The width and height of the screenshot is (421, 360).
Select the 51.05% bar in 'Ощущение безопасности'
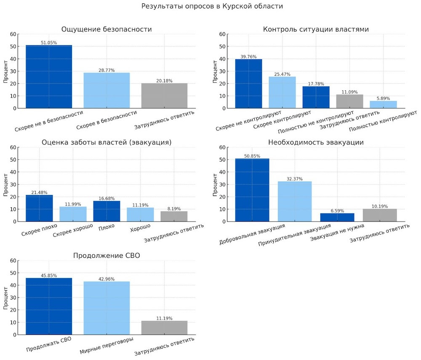click(49, 77)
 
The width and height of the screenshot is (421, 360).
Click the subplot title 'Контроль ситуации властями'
click(316, 29)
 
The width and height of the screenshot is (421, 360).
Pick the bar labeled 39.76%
click(248, 84)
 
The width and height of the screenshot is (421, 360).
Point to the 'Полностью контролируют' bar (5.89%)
click(383, 105)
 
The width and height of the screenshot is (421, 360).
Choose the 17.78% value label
click(316, 84)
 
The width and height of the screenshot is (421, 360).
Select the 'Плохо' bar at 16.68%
click(107, 211)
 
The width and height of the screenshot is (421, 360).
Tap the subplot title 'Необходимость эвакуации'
click(316, 142)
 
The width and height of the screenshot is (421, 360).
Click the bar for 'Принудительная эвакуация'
click(295, 201)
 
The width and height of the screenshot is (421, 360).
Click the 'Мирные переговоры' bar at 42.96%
click(107, 308)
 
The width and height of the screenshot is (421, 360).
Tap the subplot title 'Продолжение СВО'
click(107, 255)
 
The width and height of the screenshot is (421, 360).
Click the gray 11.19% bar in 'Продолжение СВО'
click(164, 328)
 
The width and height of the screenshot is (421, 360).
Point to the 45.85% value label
click(49, 275)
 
